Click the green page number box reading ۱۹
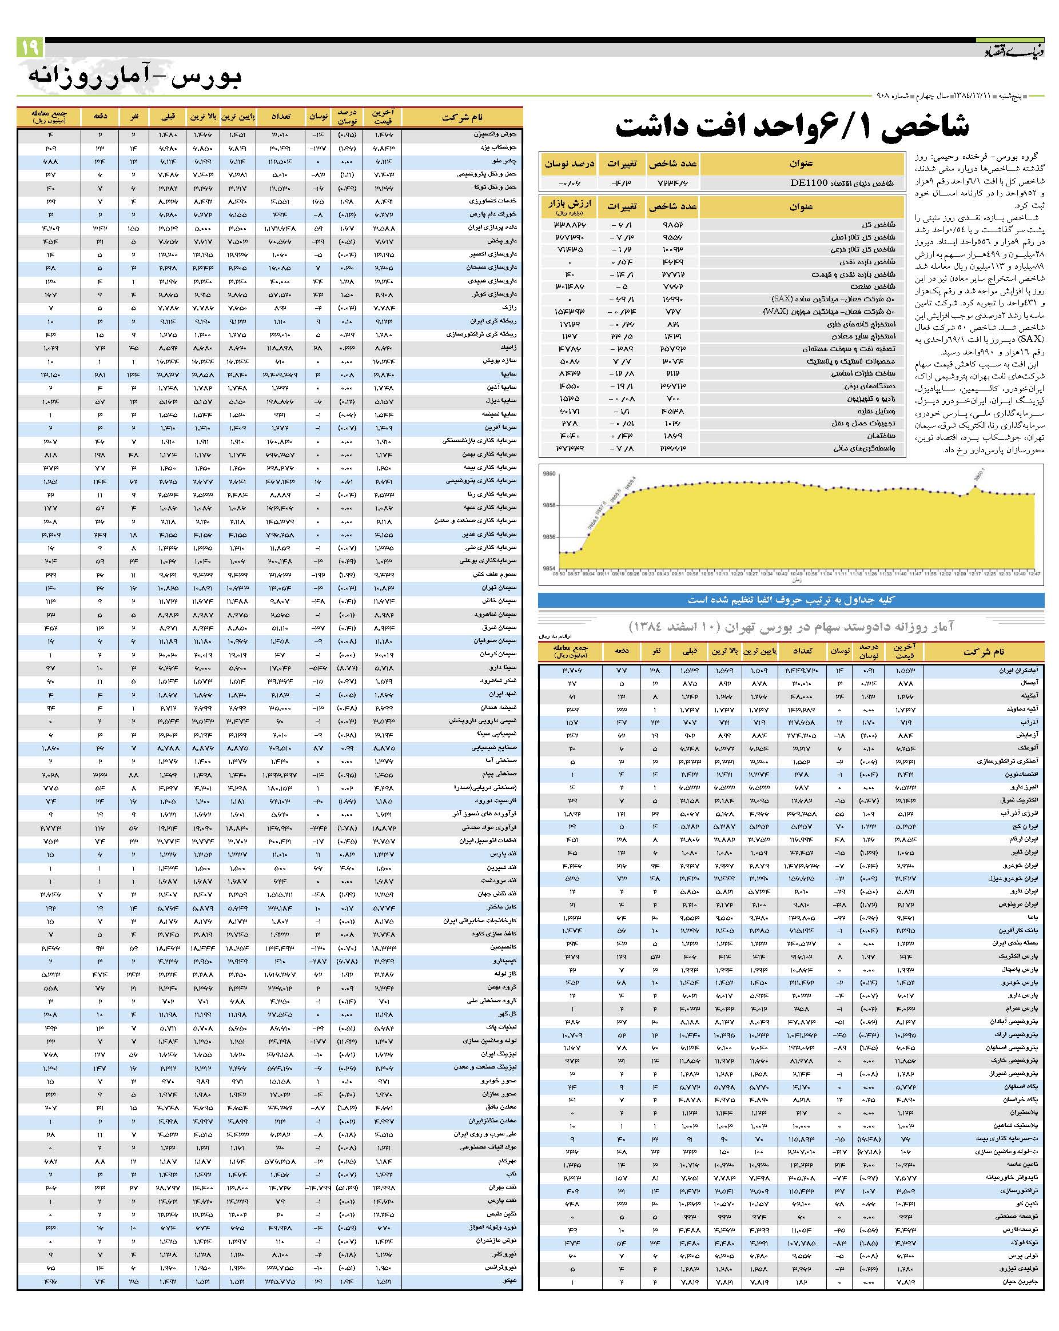tap(30, 47)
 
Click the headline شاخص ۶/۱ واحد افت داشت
tap(792, 126)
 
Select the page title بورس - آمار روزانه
tap(135, 77)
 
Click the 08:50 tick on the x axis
tap(558, 573)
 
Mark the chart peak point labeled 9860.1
tap(976, 487)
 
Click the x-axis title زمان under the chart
tap(796, 580)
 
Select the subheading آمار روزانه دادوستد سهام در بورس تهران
tap(791, 627)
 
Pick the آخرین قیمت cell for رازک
tap(383, 308)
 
